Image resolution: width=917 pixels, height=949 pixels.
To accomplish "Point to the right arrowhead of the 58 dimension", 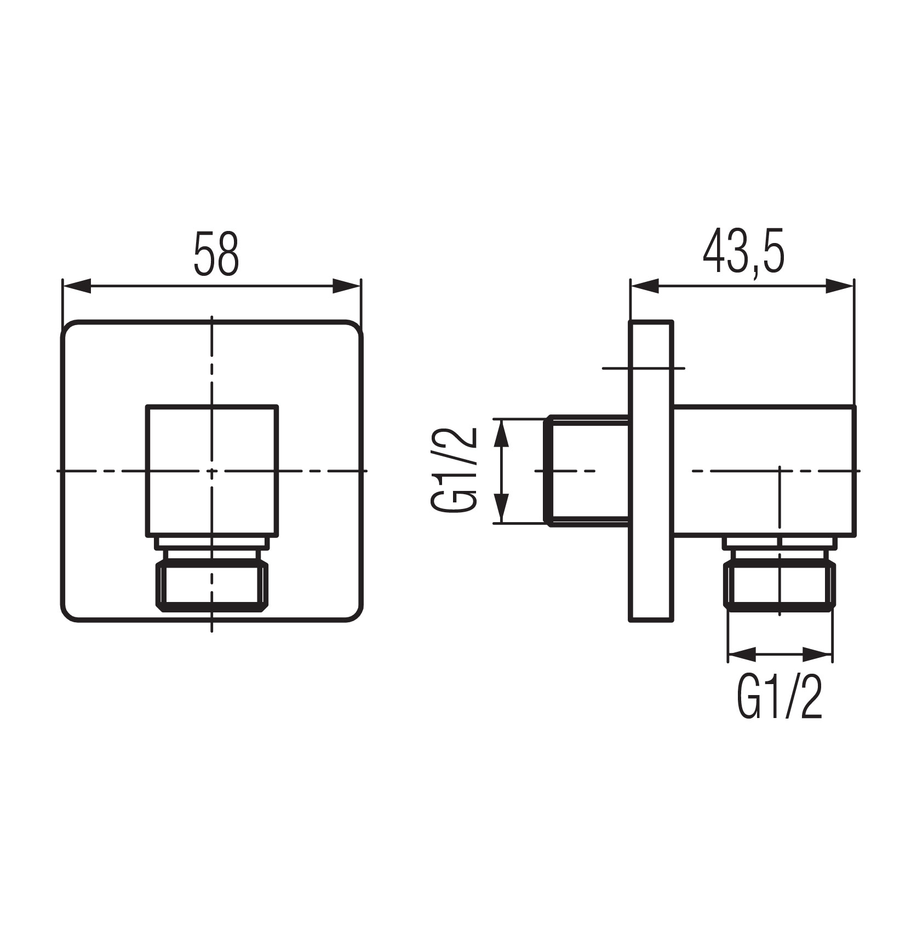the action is click(x=347, y=286).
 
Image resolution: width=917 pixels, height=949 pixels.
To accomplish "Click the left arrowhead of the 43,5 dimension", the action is click(x=644, y=286).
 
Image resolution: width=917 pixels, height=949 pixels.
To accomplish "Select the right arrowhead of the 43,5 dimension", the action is click(x=839, y=286).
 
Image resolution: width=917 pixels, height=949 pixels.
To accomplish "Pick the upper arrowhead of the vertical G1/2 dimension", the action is click(x=502, y=433).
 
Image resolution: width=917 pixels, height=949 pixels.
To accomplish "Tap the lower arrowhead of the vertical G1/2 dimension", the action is click(x=502, y=509).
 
